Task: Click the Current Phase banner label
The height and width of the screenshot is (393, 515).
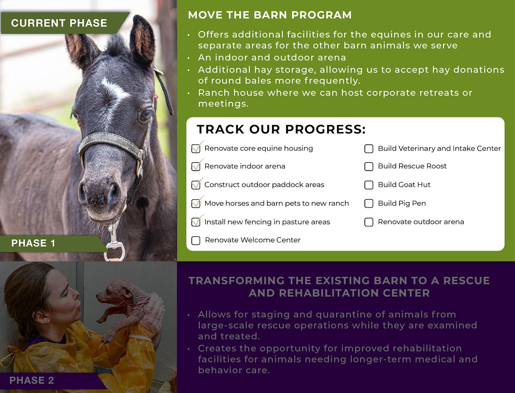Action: coord(59,23)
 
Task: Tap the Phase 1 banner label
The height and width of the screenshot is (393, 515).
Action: coord(33,243)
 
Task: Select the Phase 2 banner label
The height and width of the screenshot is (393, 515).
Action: coord(32,380)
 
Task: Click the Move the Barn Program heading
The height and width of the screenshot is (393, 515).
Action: coord(270,15)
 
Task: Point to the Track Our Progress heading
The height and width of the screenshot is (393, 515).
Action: coord(281,129)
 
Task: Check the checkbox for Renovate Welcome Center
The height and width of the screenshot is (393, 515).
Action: coord(196,240)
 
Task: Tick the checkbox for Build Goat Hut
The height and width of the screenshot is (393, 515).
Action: coord(369,185)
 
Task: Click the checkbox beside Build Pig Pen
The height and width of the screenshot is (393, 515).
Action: coord(369,203)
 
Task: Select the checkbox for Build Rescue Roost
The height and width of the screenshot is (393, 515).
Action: coord(369,166)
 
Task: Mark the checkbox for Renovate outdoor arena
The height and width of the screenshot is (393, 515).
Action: coord(369,222)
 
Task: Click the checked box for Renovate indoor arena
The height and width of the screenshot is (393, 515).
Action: coord(196,166)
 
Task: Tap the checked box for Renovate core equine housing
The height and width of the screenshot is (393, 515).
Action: coord(196,148)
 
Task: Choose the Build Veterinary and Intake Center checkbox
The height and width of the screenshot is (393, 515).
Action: coord(369,149)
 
